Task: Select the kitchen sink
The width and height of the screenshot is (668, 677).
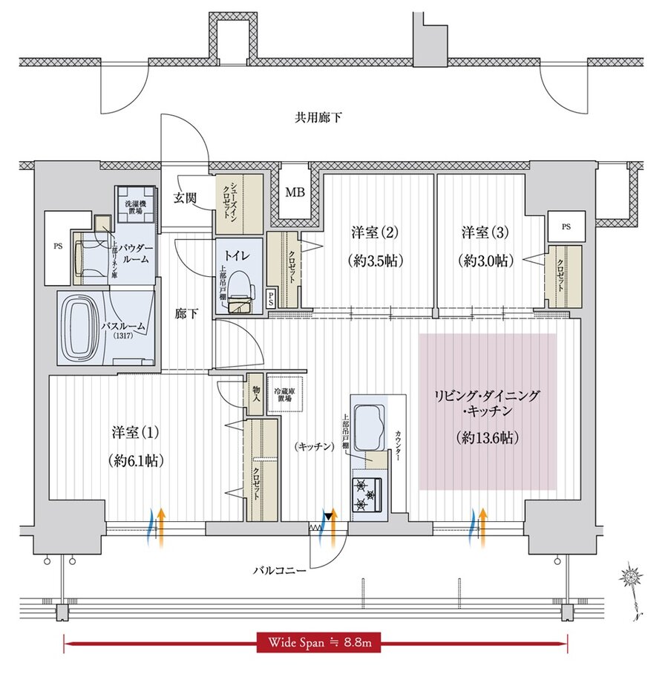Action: (367, 427)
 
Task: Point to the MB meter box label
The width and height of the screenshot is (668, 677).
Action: (295, 194)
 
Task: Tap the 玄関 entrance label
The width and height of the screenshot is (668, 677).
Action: (186, 197)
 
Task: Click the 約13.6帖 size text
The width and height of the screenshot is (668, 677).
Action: (488, 438)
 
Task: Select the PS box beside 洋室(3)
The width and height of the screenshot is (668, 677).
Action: (566, 223)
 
